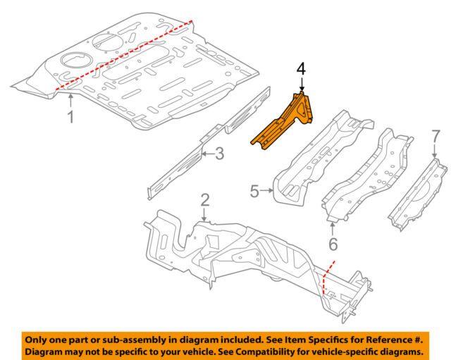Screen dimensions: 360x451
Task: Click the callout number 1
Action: [70, 117]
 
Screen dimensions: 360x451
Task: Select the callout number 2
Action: [205, 201]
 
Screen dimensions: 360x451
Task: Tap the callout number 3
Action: [219, 153]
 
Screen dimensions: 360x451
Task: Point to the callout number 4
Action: [301, 68]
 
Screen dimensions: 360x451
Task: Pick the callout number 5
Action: [255, 190]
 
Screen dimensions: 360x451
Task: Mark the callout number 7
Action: [435, 135]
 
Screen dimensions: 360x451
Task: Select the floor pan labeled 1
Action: [141, 77]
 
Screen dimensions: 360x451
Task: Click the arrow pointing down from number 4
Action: [301, 83]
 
